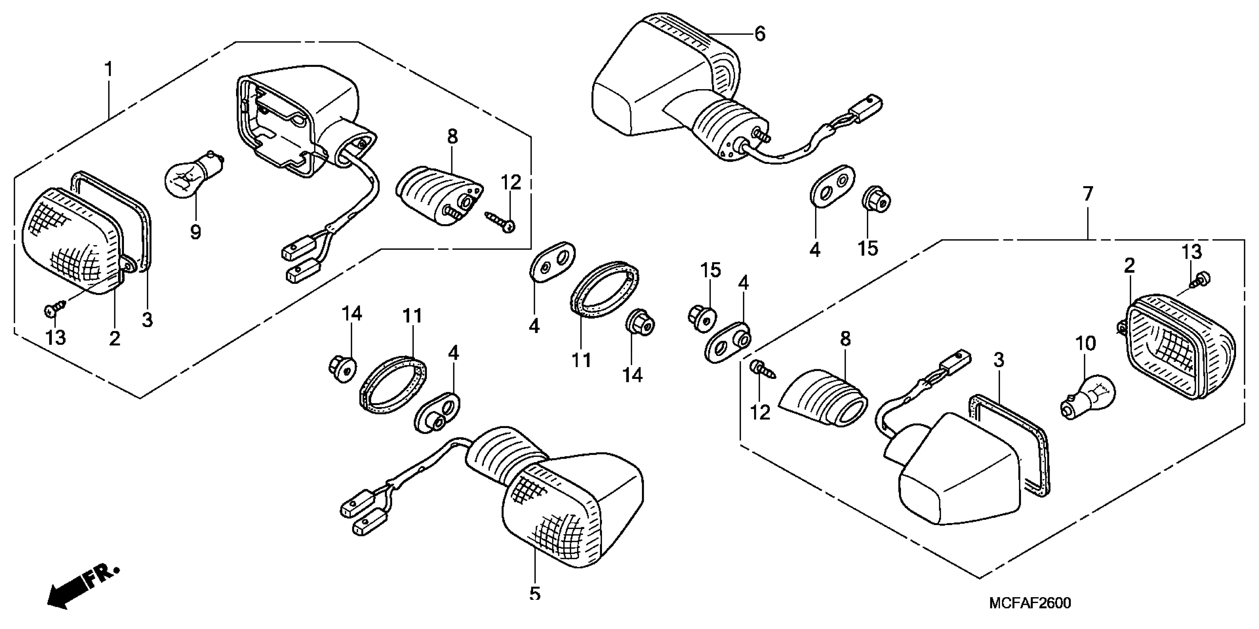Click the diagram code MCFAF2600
1030,603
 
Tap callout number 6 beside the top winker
760,34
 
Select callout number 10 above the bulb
1085,344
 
